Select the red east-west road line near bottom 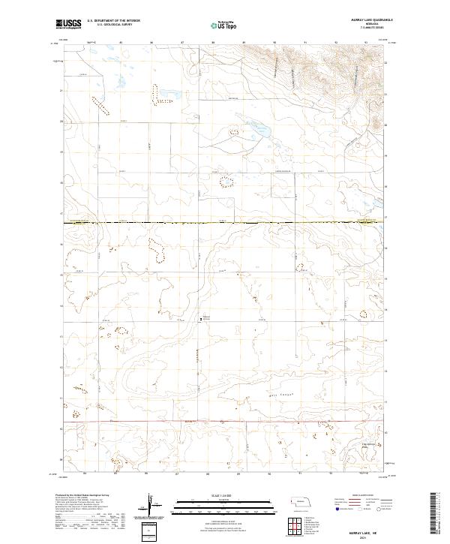click(225, 422)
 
